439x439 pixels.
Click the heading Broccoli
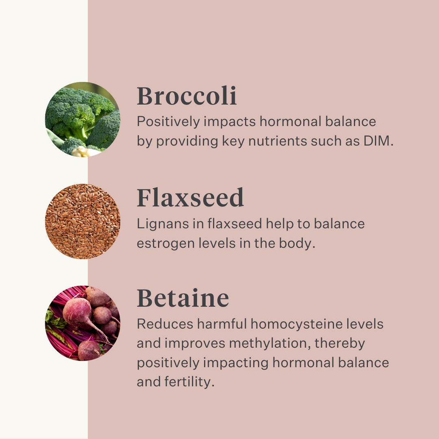pos(187,96)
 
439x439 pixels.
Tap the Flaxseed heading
pos(190,198)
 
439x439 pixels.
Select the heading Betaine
pos(183,298)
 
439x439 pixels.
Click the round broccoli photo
pos(83,120)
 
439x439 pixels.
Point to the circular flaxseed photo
pos(83,221)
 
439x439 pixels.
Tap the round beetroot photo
pos(83,323)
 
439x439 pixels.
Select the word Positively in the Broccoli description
pos(168,122)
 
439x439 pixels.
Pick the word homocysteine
pos(296,324)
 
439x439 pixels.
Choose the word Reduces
pos(165,324)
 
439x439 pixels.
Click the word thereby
pos(339,343)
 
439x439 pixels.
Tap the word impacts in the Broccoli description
pos(230,122)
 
